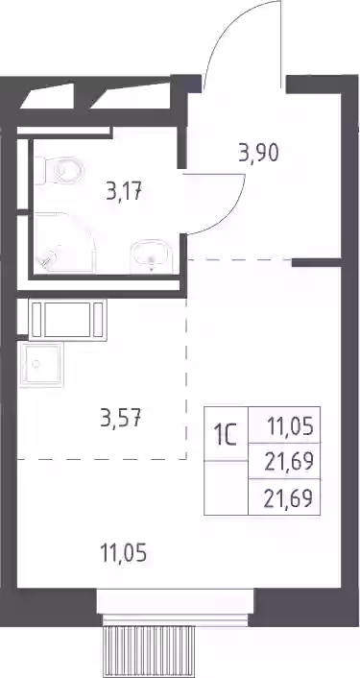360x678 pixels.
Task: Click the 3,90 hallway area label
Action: (x=259, y=153)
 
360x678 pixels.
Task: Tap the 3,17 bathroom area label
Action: (x=125, y=191)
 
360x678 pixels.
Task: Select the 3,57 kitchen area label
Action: (x=121, y=418)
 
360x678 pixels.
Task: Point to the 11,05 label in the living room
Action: (x=123, y=552)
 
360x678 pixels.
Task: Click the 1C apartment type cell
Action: (x=226, y=434)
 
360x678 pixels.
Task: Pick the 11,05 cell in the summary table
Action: (x=284, y=425)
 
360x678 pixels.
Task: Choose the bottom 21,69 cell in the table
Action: (x=284, y=497)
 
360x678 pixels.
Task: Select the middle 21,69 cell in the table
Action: (x=284, y=461)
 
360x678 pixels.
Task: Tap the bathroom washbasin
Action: (x=152, y=256)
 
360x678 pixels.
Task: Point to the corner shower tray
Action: (x=64, y=242)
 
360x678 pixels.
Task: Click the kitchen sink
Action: (x=41, y=364)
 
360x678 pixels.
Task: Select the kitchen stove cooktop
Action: (x=67, y=319)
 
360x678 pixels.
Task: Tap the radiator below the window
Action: (x=148, y=652)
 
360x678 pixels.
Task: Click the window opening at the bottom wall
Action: (x=175, y=607)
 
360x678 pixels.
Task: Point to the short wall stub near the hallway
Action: (x=317, y=262)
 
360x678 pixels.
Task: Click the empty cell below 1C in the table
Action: (x=226, y=488)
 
